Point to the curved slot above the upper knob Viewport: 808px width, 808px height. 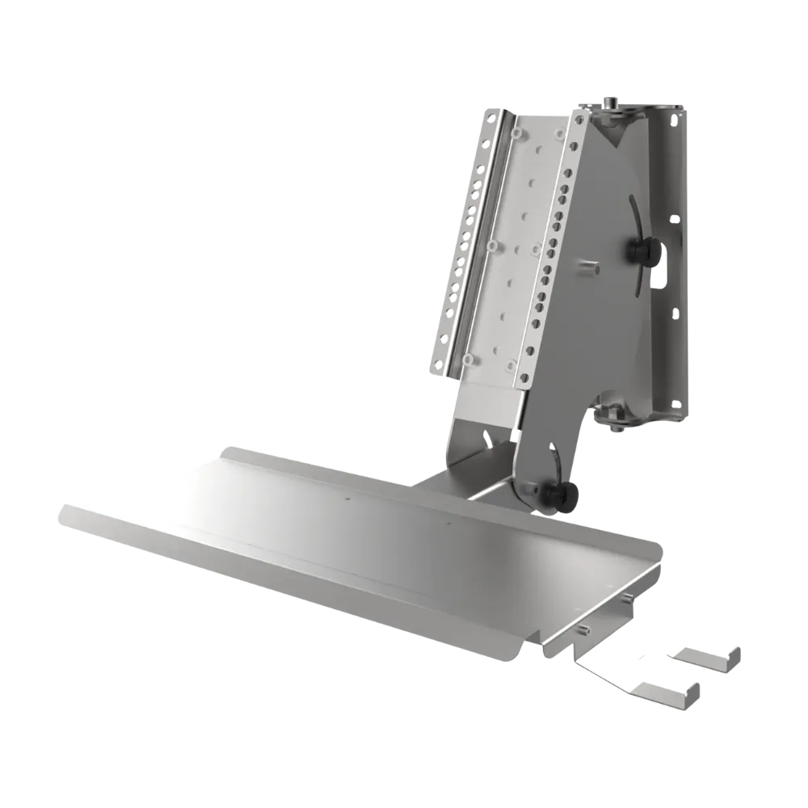point(634,207)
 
